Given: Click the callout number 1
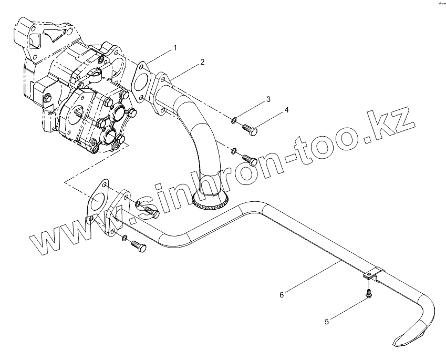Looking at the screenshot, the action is (x=175, y=47).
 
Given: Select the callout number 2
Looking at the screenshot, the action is (x=202, y=62).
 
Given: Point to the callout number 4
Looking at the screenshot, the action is (x=287, y=110).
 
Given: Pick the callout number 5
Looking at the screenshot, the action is (x=327, y=322).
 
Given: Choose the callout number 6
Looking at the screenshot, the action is (x=282, y=295).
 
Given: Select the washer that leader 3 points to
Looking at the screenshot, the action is (x=233, y=122).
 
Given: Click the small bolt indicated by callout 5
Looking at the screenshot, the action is (x=369, y=294).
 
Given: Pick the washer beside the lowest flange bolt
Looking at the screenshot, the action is (x=123, y=238).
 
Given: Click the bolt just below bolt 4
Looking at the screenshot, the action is (x=249, y=159).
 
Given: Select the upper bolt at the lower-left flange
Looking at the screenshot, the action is (x=150, y=212).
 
